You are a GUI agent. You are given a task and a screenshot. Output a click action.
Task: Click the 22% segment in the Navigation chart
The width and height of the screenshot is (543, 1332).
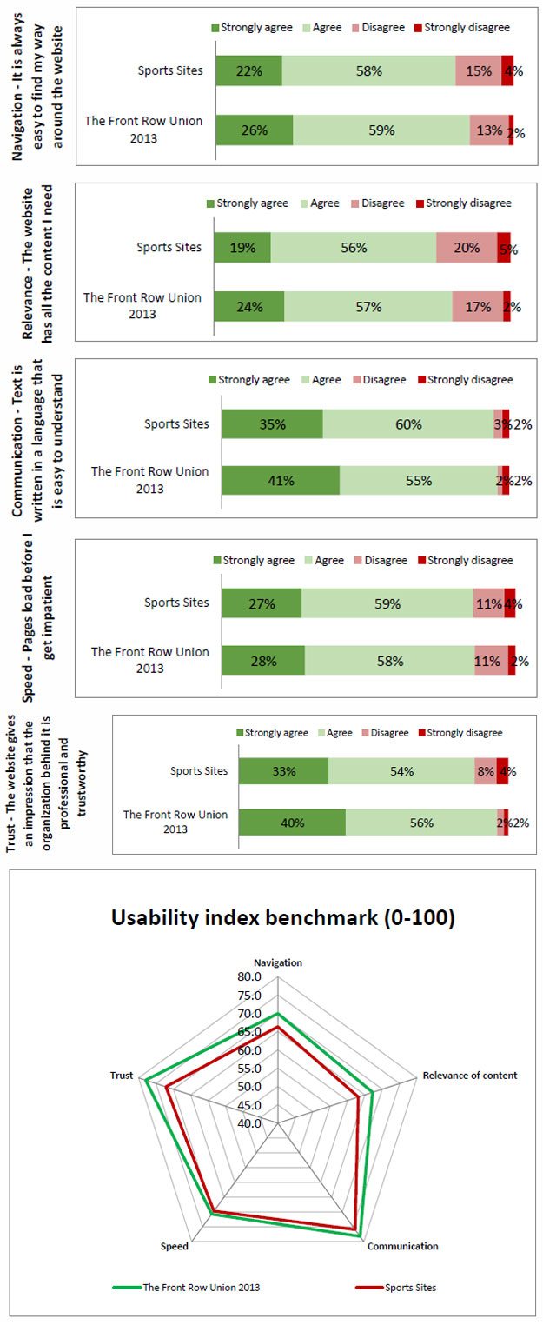coord(248,70)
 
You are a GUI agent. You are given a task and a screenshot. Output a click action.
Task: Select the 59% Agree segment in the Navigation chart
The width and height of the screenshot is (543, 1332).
coord(381,130)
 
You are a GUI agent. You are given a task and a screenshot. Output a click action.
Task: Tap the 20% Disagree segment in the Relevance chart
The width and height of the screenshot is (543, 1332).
coord(467,248)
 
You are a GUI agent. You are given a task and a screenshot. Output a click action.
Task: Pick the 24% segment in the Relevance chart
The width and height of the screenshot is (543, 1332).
coord(248,306)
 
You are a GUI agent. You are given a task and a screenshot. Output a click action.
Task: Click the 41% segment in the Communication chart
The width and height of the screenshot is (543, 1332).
coord(281,480)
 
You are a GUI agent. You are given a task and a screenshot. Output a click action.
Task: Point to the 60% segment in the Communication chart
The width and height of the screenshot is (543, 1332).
coord(407,424)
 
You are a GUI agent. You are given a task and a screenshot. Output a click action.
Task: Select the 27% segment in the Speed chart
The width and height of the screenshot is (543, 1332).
coord(262,603)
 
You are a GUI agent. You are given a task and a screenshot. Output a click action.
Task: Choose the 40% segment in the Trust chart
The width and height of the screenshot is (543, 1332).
coord(292,823)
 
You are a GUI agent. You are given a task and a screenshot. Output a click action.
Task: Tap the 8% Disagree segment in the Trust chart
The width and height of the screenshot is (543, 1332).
coord(485,770)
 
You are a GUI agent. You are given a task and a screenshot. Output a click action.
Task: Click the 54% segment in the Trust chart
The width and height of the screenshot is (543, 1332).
coord(401,770)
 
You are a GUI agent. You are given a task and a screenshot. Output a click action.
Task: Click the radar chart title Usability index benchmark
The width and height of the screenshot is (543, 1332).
coord(283,918)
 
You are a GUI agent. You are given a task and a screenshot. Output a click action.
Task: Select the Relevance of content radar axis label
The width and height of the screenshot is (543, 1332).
coord(469,1075)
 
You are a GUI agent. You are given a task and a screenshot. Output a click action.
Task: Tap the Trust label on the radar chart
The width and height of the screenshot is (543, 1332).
coord(122,1076)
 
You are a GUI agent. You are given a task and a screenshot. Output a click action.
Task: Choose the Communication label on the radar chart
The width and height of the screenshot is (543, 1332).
coord(402,1246)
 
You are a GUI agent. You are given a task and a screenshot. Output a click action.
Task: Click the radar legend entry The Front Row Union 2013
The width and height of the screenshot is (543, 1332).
coord(201,1288)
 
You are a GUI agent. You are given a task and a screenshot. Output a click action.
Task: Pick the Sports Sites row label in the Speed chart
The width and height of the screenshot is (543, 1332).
coord(176,602)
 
